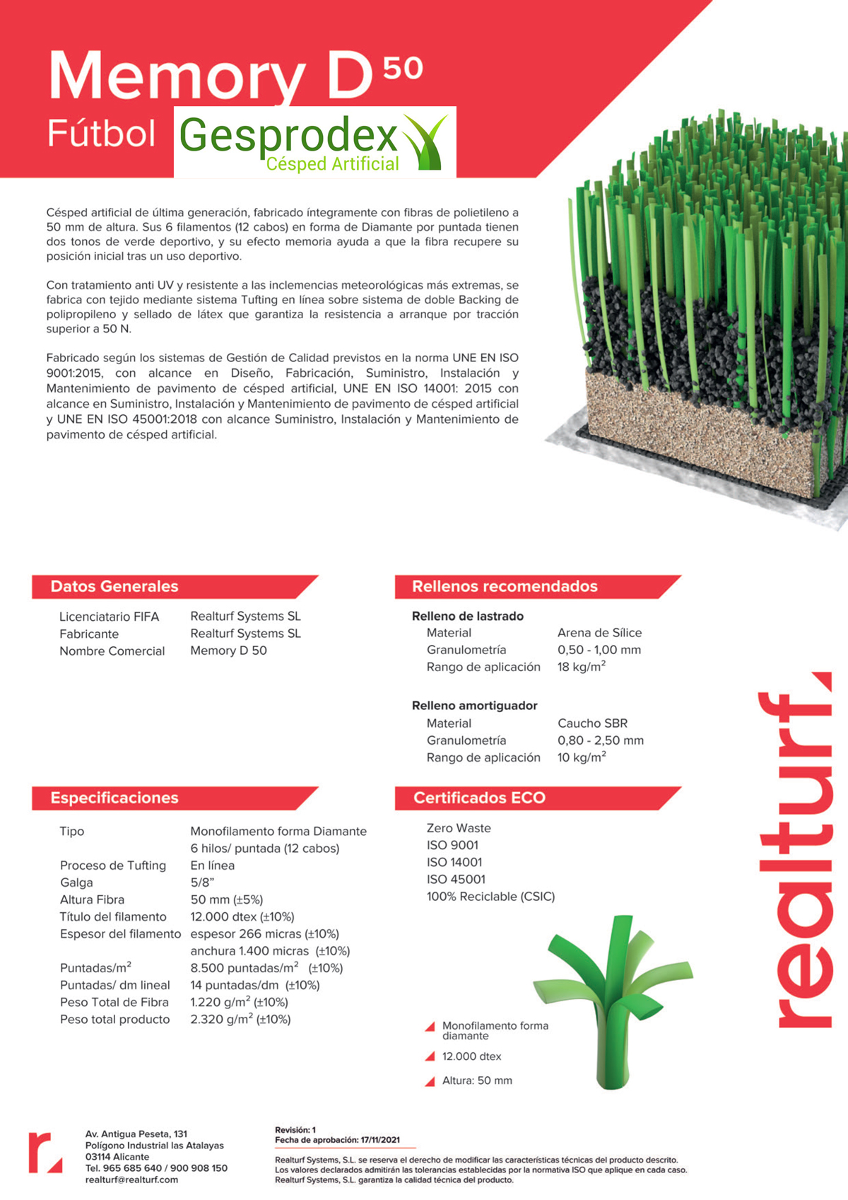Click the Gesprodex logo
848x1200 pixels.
[314, 142]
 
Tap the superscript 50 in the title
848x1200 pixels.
[403, 68]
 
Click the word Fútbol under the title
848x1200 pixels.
[101, 134]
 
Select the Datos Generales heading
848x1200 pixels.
[114, 586]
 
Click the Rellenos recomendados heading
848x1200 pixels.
[505, 586]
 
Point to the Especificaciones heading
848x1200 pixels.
[114, 798]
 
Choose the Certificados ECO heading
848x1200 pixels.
[479, 798]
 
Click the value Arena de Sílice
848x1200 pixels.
[599, 633]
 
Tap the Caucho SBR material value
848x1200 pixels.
[592, 723]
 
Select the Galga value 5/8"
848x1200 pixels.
[202, 882]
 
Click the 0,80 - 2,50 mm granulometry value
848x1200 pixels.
[601, 740]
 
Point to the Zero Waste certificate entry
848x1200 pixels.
[459, 828]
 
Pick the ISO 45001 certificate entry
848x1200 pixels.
[456, 880]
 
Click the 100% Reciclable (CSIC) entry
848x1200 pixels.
[490, 897]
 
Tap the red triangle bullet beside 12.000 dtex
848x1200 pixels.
[430, 1056]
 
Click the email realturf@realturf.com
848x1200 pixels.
[131, 1179]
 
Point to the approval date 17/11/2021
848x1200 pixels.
[380, 1140]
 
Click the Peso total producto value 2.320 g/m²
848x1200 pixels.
[240, 1020]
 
